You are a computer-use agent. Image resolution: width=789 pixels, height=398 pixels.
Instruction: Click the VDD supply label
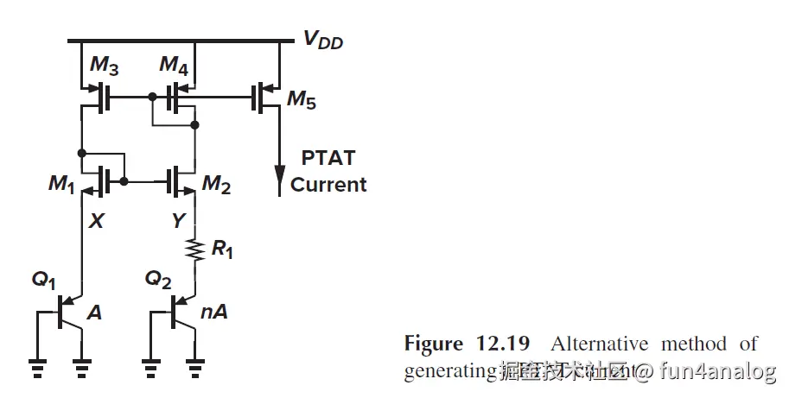click(321, 40)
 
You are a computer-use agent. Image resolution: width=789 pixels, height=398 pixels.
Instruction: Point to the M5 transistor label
click(301, 102)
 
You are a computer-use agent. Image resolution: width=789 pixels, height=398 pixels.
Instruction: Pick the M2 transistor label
click(217, 184)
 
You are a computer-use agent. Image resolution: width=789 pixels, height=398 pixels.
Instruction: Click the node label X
click(96, 221)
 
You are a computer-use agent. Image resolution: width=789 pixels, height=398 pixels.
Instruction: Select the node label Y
click(177, 221)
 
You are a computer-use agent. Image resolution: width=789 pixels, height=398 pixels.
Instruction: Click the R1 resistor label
click(222, 251)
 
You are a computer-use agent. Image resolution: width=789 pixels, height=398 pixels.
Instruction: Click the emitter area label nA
click(213, 313)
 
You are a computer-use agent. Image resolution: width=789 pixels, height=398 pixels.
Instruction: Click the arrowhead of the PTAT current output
click(279, 182)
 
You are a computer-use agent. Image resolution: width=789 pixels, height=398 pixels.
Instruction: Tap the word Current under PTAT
click(328, 185)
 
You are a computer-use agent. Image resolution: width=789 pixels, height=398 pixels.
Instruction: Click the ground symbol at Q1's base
click(37, 369)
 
